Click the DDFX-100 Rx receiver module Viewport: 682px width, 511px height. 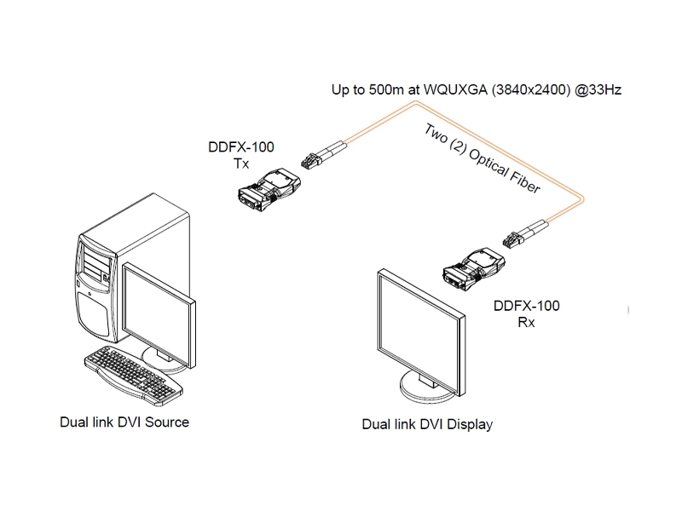476,267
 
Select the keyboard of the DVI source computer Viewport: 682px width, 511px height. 133,371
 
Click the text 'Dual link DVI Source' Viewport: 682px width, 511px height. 124,422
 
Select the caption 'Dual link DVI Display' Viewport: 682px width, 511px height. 427,423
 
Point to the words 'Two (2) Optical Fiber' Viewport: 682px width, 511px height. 483,159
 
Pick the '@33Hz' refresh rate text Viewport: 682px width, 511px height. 598,88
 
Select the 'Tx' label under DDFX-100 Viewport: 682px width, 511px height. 241,163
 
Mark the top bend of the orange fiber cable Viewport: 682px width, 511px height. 415,102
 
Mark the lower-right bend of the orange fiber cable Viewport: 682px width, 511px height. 581,198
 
